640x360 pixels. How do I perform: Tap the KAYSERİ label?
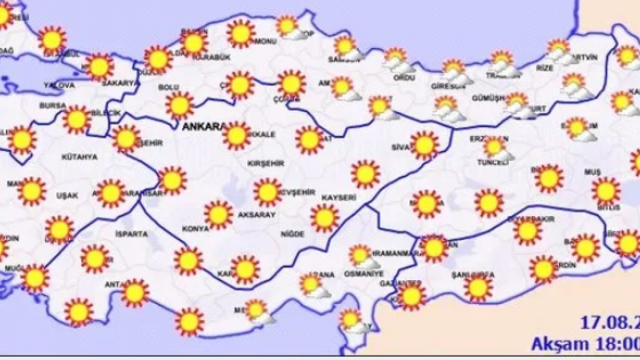click(338, 197)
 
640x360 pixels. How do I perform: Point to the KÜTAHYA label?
click(79, 157)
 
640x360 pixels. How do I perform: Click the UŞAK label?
click(67, 195)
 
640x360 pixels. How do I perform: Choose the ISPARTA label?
click(131, 233)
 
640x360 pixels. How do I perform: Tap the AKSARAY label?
click(257, 214)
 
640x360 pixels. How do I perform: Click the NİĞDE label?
click(292, 233)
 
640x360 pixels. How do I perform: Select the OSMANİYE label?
click(363, 274)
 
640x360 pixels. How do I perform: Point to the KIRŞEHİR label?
click(265, 163)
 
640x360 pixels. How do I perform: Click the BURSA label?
click(52, 105)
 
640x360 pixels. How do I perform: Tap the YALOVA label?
click(58, 85)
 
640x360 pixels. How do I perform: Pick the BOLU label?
click(168, 87)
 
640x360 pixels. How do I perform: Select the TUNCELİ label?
click(490, 162)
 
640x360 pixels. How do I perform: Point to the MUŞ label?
click(592, 172)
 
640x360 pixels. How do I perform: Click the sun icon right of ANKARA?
click(236, 135)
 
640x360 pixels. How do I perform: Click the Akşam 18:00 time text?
click(585, 344)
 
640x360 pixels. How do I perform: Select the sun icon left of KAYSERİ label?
click(324, 218)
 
